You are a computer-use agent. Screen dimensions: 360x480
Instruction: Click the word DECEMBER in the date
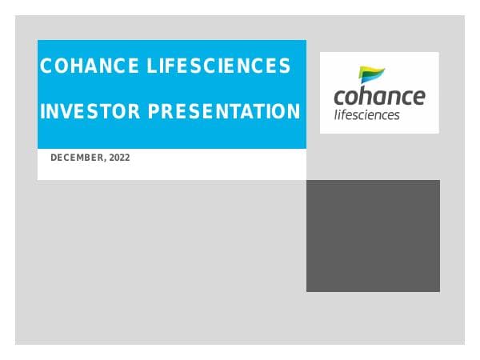click(x=77, y=158)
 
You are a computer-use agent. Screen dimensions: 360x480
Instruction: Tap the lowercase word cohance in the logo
click(x=379, y=98)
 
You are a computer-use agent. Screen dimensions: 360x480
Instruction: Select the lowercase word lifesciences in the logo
click(x=366, y=114)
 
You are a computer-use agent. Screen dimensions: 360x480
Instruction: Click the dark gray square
click(x=373, y=235)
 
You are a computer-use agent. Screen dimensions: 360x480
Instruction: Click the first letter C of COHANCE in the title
click(x=46, y=66)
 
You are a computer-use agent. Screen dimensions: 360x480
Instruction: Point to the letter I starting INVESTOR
click(x=42, y=112)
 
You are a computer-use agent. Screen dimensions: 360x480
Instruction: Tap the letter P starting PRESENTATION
click(x=151, y=112)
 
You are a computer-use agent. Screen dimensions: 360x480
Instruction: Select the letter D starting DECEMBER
click(x=54, y=158)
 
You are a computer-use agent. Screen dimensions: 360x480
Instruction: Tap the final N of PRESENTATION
click(x=294, y=112)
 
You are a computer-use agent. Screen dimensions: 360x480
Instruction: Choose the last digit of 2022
click(x=126, y=158)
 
